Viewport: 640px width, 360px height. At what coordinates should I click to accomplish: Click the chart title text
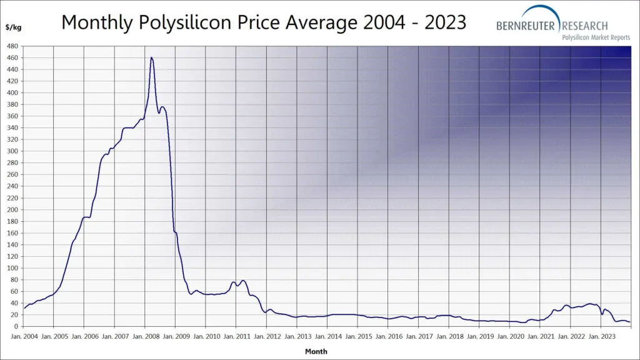click(x=264, y=22)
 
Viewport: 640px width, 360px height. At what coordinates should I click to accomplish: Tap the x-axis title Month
click(x=316, y=351)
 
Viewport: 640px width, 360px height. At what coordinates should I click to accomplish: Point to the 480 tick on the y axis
click(x=12, y=46)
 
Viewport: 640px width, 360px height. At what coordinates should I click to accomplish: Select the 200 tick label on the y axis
click(x=12, y=210)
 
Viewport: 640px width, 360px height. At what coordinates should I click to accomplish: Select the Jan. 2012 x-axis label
click(x=267, y=336)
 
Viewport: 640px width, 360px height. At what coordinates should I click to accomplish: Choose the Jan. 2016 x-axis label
click(x=388, y=336)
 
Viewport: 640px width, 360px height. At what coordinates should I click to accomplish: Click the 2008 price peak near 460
click(x=151, y=57)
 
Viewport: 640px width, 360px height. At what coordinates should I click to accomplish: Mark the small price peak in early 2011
click(x=243, y=281)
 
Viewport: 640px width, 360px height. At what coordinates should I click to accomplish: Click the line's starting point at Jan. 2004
click(x=24, y=308)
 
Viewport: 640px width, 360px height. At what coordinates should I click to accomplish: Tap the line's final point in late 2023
click(x=629, y=322)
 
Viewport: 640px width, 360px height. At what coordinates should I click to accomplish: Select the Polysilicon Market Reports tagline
click(x=596, y=37)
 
